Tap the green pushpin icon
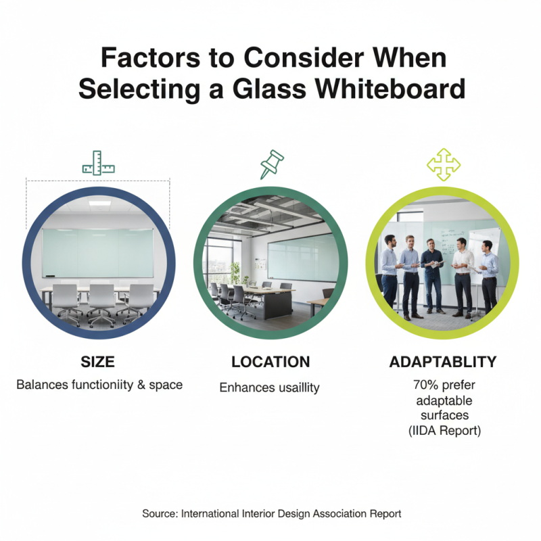pyautogui.click(x=270, y=163)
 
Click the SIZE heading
pyautogui.click(x=98, y=362)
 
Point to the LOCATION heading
pyautogui.click(x=270, y=362)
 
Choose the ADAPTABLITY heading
pyautogui.click(x=443, y=362)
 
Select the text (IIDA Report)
pyautogui.click(x=443, y=430)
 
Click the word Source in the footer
pyautogui.click(x=160, y=514)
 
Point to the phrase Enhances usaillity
pyautogui.click(x=270, y=387)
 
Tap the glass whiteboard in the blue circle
pyautogui.click(x=98, y=252)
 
